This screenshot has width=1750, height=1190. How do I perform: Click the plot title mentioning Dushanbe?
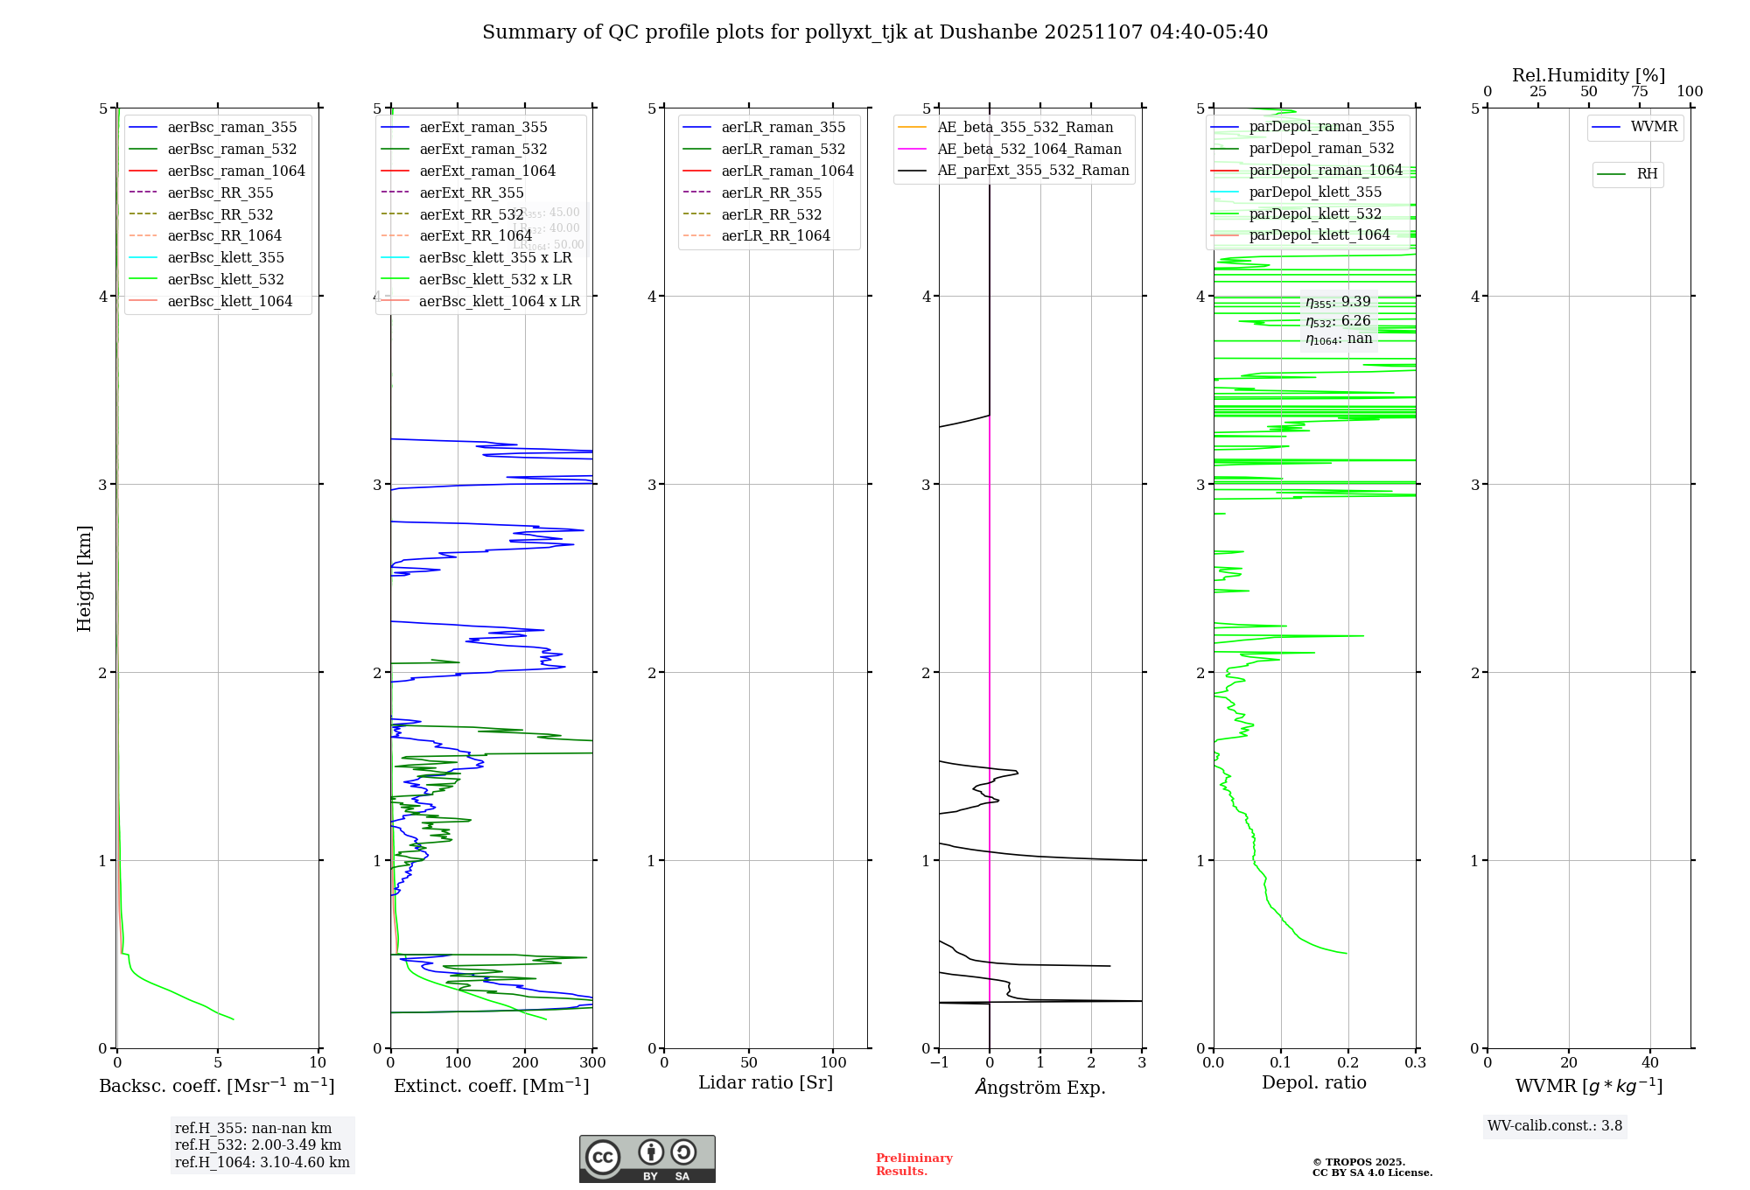tap(875, 32)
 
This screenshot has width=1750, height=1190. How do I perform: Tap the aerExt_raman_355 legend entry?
tap(483, 128)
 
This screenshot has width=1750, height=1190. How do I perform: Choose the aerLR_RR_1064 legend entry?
tap(775, 236)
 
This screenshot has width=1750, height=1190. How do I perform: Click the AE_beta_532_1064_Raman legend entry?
tap(1029, 150)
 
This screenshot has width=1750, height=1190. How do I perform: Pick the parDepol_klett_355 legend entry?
tap(1315, 192)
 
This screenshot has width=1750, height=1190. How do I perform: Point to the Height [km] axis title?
tap(84, 578)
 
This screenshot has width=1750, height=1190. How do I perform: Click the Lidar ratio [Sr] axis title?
tap(766, 1083)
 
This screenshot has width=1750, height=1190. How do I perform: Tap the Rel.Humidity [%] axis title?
tap(1588, 75)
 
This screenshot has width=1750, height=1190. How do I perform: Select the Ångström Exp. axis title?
tap(1040, 1087)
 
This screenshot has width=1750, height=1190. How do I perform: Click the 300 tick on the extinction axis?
tap(592, 1063)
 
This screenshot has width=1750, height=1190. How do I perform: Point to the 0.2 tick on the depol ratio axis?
tap(1348, 1063)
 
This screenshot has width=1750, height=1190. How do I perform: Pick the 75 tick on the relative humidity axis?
tap(1639, 92)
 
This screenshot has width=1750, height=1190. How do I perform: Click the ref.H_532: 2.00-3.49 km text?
tap(258, 1145)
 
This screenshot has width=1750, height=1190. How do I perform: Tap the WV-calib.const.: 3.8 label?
tap(1555, 1126)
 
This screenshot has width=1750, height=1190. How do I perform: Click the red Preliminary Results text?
tap(913, 1165)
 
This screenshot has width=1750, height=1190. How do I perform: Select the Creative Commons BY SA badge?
tap(647, 1159)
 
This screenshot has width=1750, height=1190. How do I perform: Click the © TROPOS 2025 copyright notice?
tap(1371, 1167)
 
